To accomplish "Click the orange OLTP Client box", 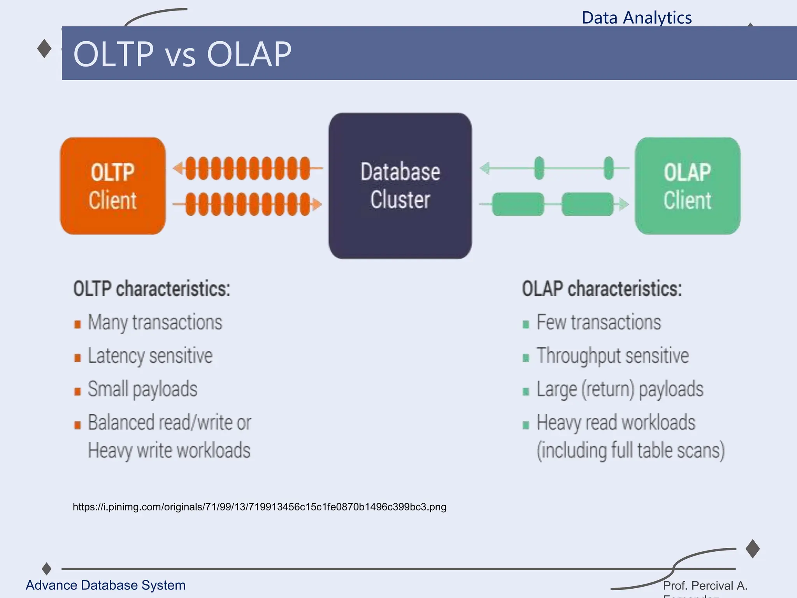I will tap(112, 186).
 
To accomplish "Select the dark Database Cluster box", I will tap(400, 186).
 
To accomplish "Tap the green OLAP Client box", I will tap(687, 186).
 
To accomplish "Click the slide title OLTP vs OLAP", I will tap(182, 54).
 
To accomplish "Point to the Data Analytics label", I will tap(637, 18).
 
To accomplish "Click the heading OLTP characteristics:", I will tap(152, 289).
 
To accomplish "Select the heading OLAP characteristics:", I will tap(602, 289).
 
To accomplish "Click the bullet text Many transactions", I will tap(155, 322).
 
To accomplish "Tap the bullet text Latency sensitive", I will tap(150, 356).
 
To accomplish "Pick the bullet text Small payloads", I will tap(142, 389).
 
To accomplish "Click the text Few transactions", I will tap(599, 322).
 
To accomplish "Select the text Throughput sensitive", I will tap(613, 356).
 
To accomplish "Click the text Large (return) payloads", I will tap(620, 389).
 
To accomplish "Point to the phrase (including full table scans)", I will tap(630, 450).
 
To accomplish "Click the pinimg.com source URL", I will tap(259, 507).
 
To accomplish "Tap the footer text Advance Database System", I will tap(105, 585).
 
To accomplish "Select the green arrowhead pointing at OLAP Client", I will tap(624, 204).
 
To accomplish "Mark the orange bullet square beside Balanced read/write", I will tap(77, 425).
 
